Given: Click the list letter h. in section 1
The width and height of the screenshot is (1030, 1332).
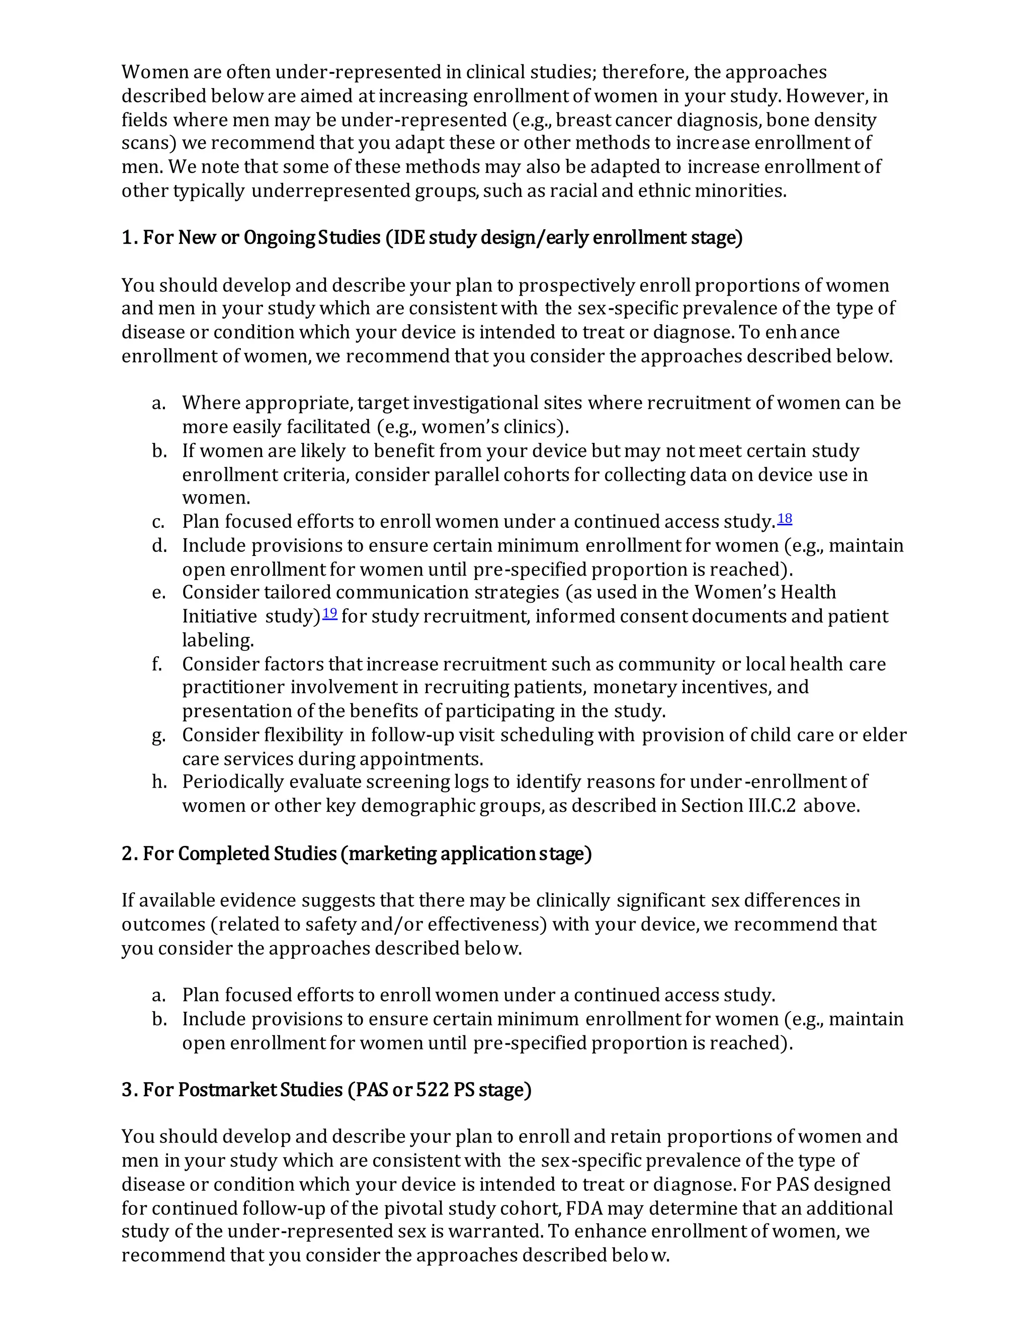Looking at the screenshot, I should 159,782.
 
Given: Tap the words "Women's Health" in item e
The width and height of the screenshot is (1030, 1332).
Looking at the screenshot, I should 764,592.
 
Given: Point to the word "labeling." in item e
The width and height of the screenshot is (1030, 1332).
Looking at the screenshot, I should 218,640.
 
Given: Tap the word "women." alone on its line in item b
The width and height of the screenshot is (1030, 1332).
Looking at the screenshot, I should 216,498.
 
